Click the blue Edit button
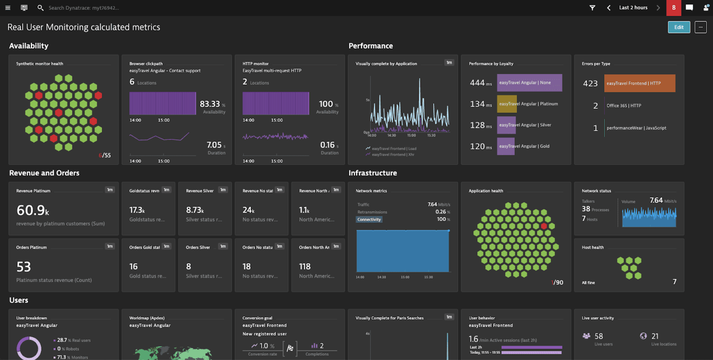(679, 27)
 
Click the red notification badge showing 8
(673, 8)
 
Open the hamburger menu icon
(8, 8)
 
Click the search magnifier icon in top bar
(40, 8)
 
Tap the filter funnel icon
(593, 8)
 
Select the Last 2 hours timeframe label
(633, 8)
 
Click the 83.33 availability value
(210, 104)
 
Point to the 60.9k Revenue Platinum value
(32, 210)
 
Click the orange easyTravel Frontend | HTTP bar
(639, 83)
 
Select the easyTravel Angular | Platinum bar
(507, 104)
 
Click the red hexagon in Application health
(544, 226)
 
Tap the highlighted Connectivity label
(369, 219)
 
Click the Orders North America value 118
(304, 267)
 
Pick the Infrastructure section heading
(372, 173)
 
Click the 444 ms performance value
(477, 83)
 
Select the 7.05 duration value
(214, 145)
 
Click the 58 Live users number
(599, 336)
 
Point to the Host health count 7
(674, 282)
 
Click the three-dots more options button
(700, 27)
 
